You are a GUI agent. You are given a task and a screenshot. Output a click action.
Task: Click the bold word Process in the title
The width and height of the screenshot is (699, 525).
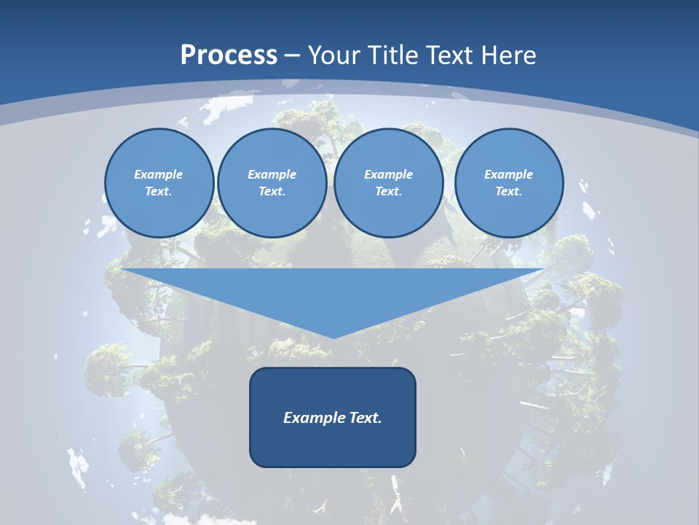pyautogui.click(x=229, y=55)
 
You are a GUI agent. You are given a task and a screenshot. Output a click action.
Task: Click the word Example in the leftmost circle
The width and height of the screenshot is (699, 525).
pyautogui.click(x=158, y=174)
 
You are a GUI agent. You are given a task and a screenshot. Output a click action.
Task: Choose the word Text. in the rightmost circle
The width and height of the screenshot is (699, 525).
pyautogui.click(x=508, y=191)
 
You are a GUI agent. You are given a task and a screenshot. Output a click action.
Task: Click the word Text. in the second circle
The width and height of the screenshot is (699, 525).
pyautogui.click(x=272, y=191)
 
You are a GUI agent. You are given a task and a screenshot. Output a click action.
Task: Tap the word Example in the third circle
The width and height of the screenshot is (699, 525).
pyautogui.click(x=388, y=174)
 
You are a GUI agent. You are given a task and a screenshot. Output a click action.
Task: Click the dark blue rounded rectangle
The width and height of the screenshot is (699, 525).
pyautogui.click(x=333, y=445)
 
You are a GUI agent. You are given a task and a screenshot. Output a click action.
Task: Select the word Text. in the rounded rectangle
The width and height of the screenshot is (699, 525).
pyautogui.click(x=366, y=418)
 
